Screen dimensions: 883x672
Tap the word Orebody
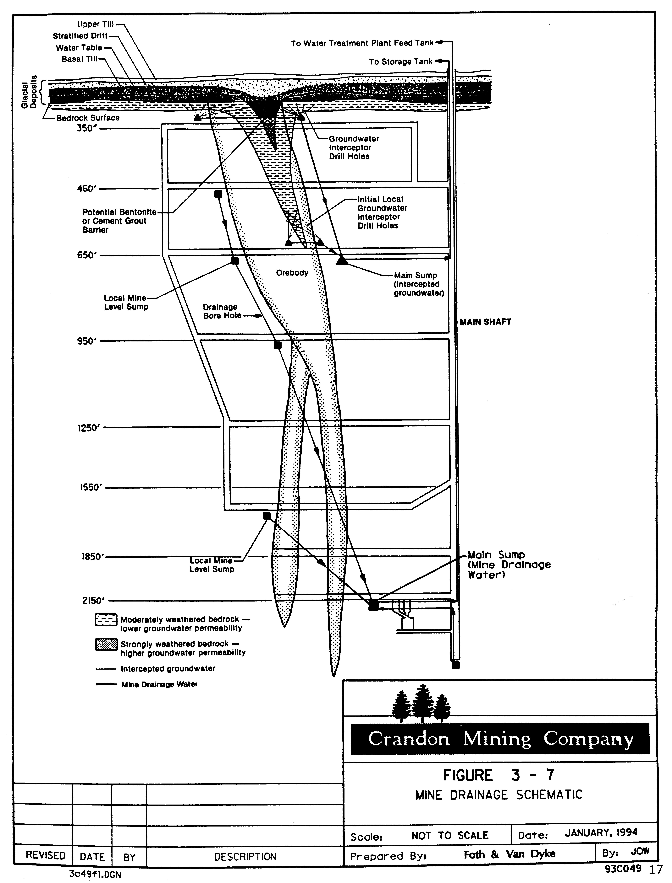(292, 273)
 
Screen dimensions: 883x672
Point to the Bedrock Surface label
(88, 118)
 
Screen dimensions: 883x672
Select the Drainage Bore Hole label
(222, 311)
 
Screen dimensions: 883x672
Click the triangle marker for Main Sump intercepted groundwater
(341, 260)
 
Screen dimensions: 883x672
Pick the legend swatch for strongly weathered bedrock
(106, 645)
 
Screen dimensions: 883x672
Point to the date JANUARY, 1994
(601, 833)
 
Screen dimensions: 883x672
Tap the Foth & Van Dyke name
(509, 854)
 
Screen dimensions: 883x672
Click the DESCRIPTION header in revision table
(245, 857)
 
